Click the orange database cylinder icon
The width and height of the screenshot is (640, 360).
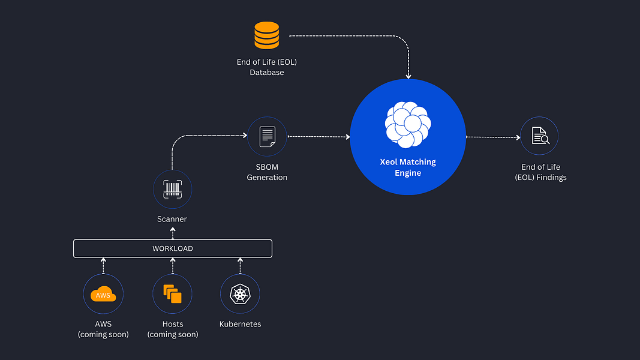[266, 35]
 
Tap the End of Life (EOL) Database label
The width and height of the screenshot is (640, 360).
[267, 67]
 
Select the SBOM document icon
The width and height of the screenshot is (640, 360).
[268, 137]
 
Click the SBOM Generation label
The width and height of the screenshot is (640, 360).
[267, 172]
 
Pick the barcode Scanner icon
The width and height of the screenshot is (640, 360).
[172, 190]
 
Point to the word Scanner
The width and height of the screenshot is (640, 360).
[172, 219]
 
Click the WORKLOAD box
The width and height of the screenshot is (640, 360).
[173, 248]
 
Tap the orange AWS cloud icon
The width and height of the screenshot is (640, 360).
[103, 294]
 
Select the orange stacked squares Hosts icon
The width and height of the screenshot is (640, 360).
[172, 294]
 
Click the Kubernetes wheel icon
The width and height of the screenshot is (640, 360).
[240, 294]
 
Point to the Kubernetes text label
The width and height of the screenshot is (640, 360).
[240, 324]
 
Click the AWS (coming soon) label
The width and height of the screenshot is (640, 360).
[103, 329]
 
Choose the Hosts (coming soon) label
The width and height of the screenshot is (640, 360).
[173, 329]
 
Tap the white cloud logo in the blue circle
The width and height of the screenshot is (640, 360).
[408, 124]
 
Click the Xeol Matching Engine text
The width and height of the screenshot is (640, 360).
[408, 167]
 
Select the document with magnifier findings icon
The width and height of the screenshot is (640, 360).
[540, 136]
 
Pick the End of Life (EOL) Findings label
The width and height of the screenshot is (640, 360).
[540, 172]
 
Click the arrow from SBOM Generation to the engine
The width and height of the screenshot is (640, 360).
[319, 137]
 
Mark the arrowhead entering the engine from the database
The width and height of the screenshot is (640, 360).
[408, 76]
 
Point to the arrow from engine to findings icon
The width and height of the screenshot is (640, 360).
[493, 137]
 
